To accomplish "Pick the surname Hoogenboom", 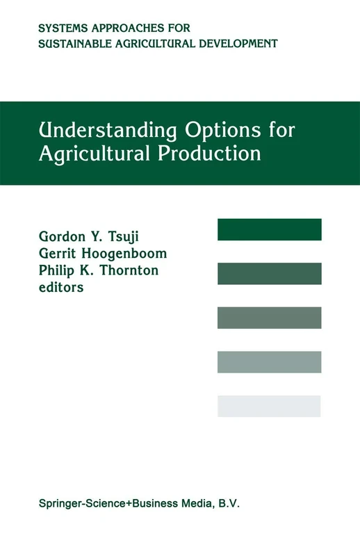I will [x=131, y=254].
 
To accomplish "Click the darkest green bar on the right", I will [x=270, y=229].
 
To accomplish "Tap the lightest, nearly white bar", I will [x=270, y=406].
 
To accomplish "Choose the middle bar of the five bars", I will [x=270, y=318].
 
